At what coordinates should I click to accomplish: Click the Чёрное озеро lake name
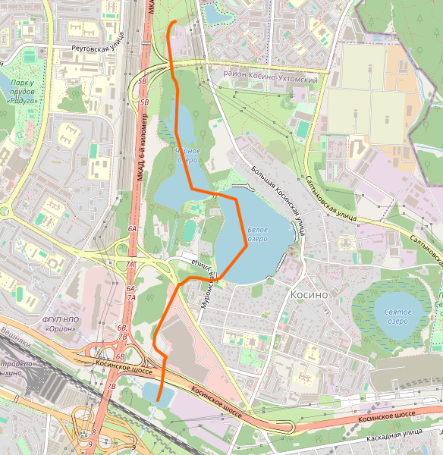pyautogui.click(x=187, y=155)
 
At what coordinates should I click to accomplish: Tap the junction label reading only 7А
pyautogui.click(x=130, y=265)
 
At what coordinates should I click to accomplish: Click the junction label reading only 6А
pyautogui.click(x=132, y=227)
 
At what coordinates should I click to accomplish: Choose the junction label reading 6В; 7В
pyautogui.click(x=121, y=331)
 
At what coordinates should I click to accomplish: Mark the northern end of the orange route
pyautogui.click(x=175, y=21)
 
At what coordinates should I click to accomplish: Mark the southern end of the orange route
pyautogui.click(x=158, y=400)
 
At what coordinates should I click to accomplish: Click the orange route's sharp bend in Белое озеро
pyautogui.click(x=247, y=244)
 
